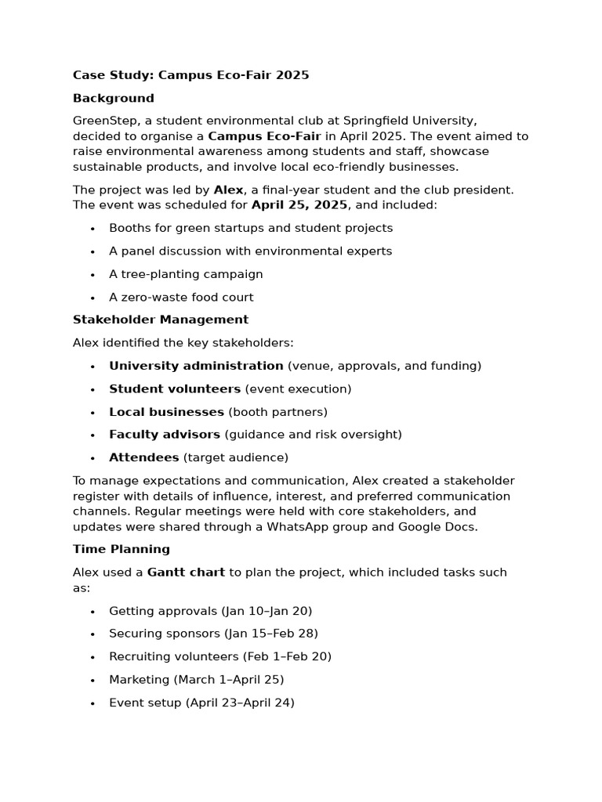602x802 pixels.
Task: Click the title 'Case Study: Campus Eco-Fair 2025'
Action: click(x=190, y=75)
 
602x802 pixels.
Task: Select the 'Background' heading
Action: click(x=113, y=98)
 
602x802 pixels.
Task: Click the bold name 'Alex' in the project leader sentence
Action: click(x=228, y=190)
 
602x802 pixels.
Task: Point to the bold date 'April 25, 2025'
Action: click(x=299, y=205)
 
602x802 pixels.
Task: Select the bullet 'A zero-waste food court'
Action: click(x=181, y=297)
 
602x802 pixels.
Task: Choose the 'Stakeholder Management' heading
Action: click(x=160, y=320)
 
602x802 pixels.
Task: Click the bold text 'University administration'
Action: click(x=196, y=366)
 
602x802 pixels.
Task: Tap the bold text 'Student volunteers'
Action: click(x=175, y=388)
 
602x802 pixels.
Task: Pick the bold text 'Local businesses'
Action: click(x=166, y=411)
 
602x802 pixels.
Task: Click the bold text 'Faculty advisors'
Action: click(x=165, y=434)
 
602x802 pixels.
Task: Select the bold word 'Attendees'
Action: click(x=143, y=457)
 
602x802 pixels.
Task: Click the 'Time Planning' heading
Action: click(x=121, y=549)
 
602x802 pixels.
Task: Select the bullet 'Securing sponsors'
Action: click(x=165, y=634)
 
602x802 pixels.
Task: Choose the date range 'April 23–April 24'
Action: click(x=240, y=703)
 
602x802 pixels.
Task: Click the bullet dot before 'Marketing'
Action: click(x=92, y=681)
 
